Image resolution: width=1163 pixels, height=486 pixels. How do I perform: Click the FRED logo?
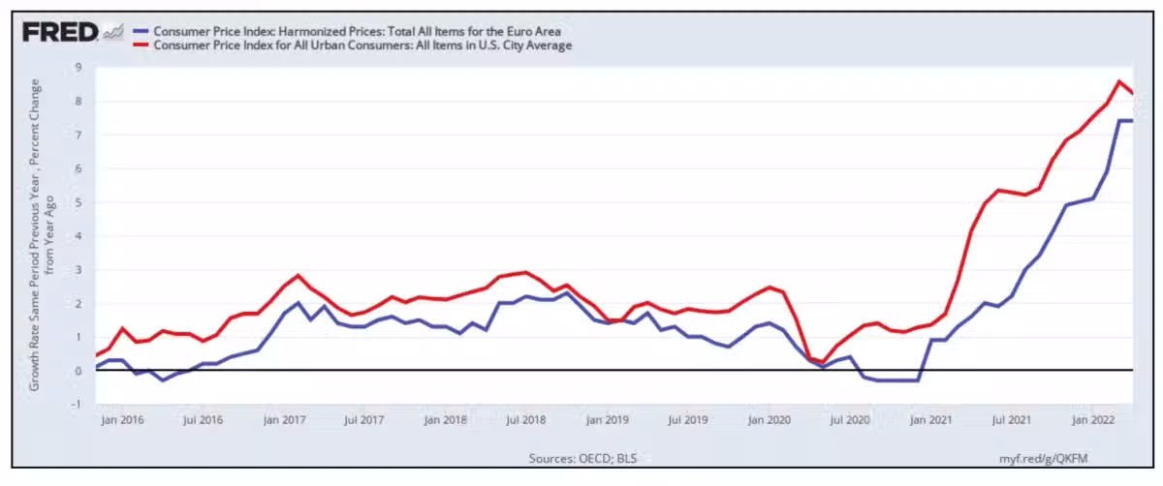click(60, 32)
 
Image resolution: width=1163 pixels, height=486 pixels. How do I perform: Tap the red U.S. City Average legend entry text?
click(362, 46)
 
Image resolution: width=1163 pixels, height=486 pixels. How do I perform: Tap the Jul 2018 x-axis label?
click(526, 420)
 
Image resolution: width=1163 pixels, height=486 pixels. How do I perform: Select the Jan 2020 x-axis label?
click(770, 420)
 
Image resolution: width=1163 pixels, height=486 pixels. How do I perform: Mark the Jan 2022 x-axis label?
click(1094, 420)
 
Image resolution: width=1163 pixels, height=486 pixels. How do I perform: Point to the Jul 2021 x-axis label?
click(1013, 420)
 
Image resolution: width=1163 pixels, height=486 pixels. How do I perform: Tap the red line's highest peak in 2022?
click(1119, 81)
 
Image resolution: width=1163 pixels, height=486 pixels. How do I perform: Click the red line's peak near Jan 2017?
click(298, 275)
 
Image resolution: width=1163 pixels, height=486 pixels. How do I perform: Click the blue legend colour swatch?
click(144, 32)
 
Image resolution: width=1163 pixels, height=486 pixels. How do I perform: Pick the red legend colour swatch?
click(144, 46)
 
